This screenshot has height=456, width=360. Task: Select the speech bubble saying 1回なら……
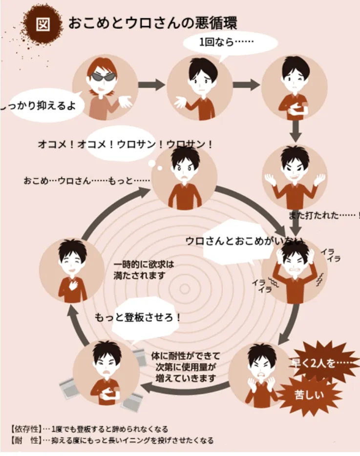pos(230,43)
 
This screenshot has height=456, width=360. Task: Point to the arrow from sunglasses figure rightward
pos(152,85)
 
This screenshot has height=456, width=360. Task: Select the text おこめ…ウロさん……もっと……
pos(86,181)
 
